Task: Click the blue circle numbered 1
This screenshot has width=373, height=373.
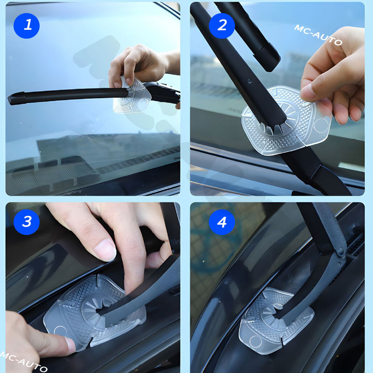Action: (x=27, y=26)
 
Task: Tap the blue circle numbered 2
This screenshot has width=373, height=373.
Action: (x=222, y=26)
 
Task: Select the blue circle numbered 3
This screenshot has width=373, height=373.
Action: (x=27, y=222)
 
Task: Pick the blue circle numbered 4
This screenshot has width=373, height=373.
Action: (x=222, y=222)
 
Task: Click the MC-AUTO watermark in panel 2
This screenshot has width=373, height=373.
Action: (x=318, y=35)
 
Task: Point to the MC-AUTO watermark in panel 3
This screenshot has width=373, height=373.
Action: (x=24, y=362)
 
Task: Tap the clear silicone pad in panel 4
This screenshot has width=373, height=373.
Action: (x=276, y=321)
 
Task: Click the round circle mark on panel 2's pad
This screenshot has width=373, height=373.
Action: (x=321, y=125)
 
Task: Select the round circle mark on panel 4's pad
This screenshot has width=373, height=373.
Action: (x=256, y=342)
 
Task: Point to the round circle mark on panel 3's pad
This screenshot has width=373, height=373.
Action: (x=60, y=332)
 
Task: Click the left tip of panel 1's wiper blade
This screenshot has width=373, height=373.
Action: (x=9, y=100)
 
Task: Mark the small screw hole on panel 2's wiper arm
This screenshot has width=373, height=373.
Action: (x=249, y=81)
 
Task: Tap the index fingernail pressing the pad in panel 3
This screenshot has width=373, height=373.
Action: (x=70, y=345)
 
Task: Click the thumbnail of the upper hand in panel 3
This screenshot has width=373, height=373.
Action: (x=105, y=250)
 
